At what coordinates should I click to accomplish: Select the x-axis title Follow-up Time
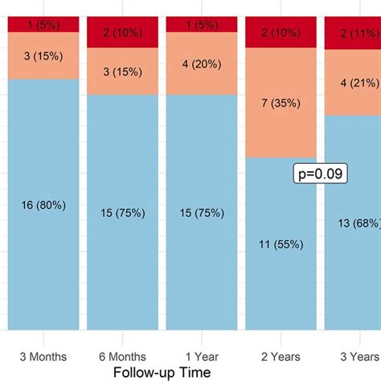click(162, 372)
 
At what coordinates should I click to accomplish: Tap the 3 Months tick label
click(43, 355)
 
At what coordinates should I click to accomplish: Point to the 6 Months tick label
click(122, 355)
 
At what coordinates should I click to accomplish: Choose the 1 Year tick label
click(201, 355)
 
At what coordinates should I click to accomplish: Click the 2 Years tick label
click(280, 355)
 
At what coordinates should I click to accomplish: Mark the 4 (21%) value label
click(355, 83)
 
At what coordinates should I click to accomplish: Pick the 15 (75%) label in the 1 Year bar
click(201, 212)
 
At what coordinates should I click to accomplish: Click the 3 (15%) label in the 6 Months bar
click(122, 71)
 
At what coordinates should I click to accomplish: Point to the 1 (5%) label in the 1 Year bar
click(201, 24)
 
